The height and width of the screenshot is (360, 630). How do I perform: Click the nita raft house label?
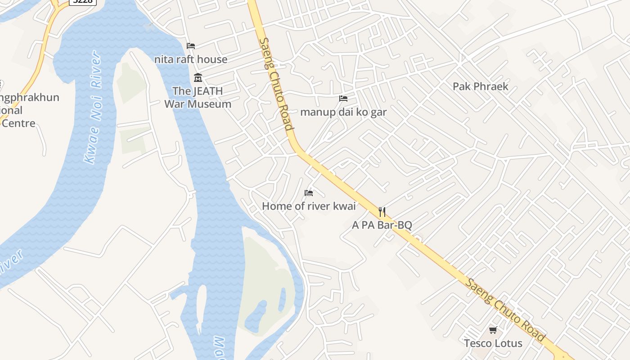(x=191, y=59)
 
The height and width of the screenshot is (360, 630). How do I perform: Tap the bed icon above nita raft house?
(x=191, y=46)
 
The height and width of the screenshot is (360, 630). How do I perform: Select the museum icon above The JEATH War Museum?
(x=198, y=78)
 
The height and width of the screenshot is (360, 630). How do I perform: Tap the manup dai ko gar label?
(x=343, y=112)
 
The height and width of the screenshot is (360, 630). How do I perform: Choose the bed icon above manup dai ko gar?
(x=343, y=99)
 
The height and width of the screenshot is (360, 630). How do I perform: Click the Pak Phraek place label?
(x=480, y=86)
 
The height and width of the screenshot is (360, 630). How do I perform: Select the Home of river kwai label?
(x=309, y=207)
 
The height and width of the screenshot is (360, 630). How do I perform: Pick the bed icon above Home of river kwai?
(x=309, y=193)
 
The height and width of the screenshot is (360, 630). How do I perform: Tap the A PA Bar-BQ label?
(x=382, y=225)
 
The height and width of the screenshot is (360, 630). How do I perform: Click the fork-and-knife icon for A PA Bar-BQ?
(x=382, y=212)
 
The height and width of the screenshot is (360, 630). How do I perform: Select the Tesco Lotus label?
(x=493, y=343)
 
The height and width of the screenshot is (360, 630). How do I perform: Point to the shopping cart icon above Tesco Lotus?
(x=493, y=330)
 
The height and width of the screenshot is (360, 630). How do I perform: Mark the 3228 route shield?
(x=83, y=2)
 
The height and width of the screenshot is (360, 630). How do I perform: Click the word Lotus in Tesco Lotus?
(x=508, y=343)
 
